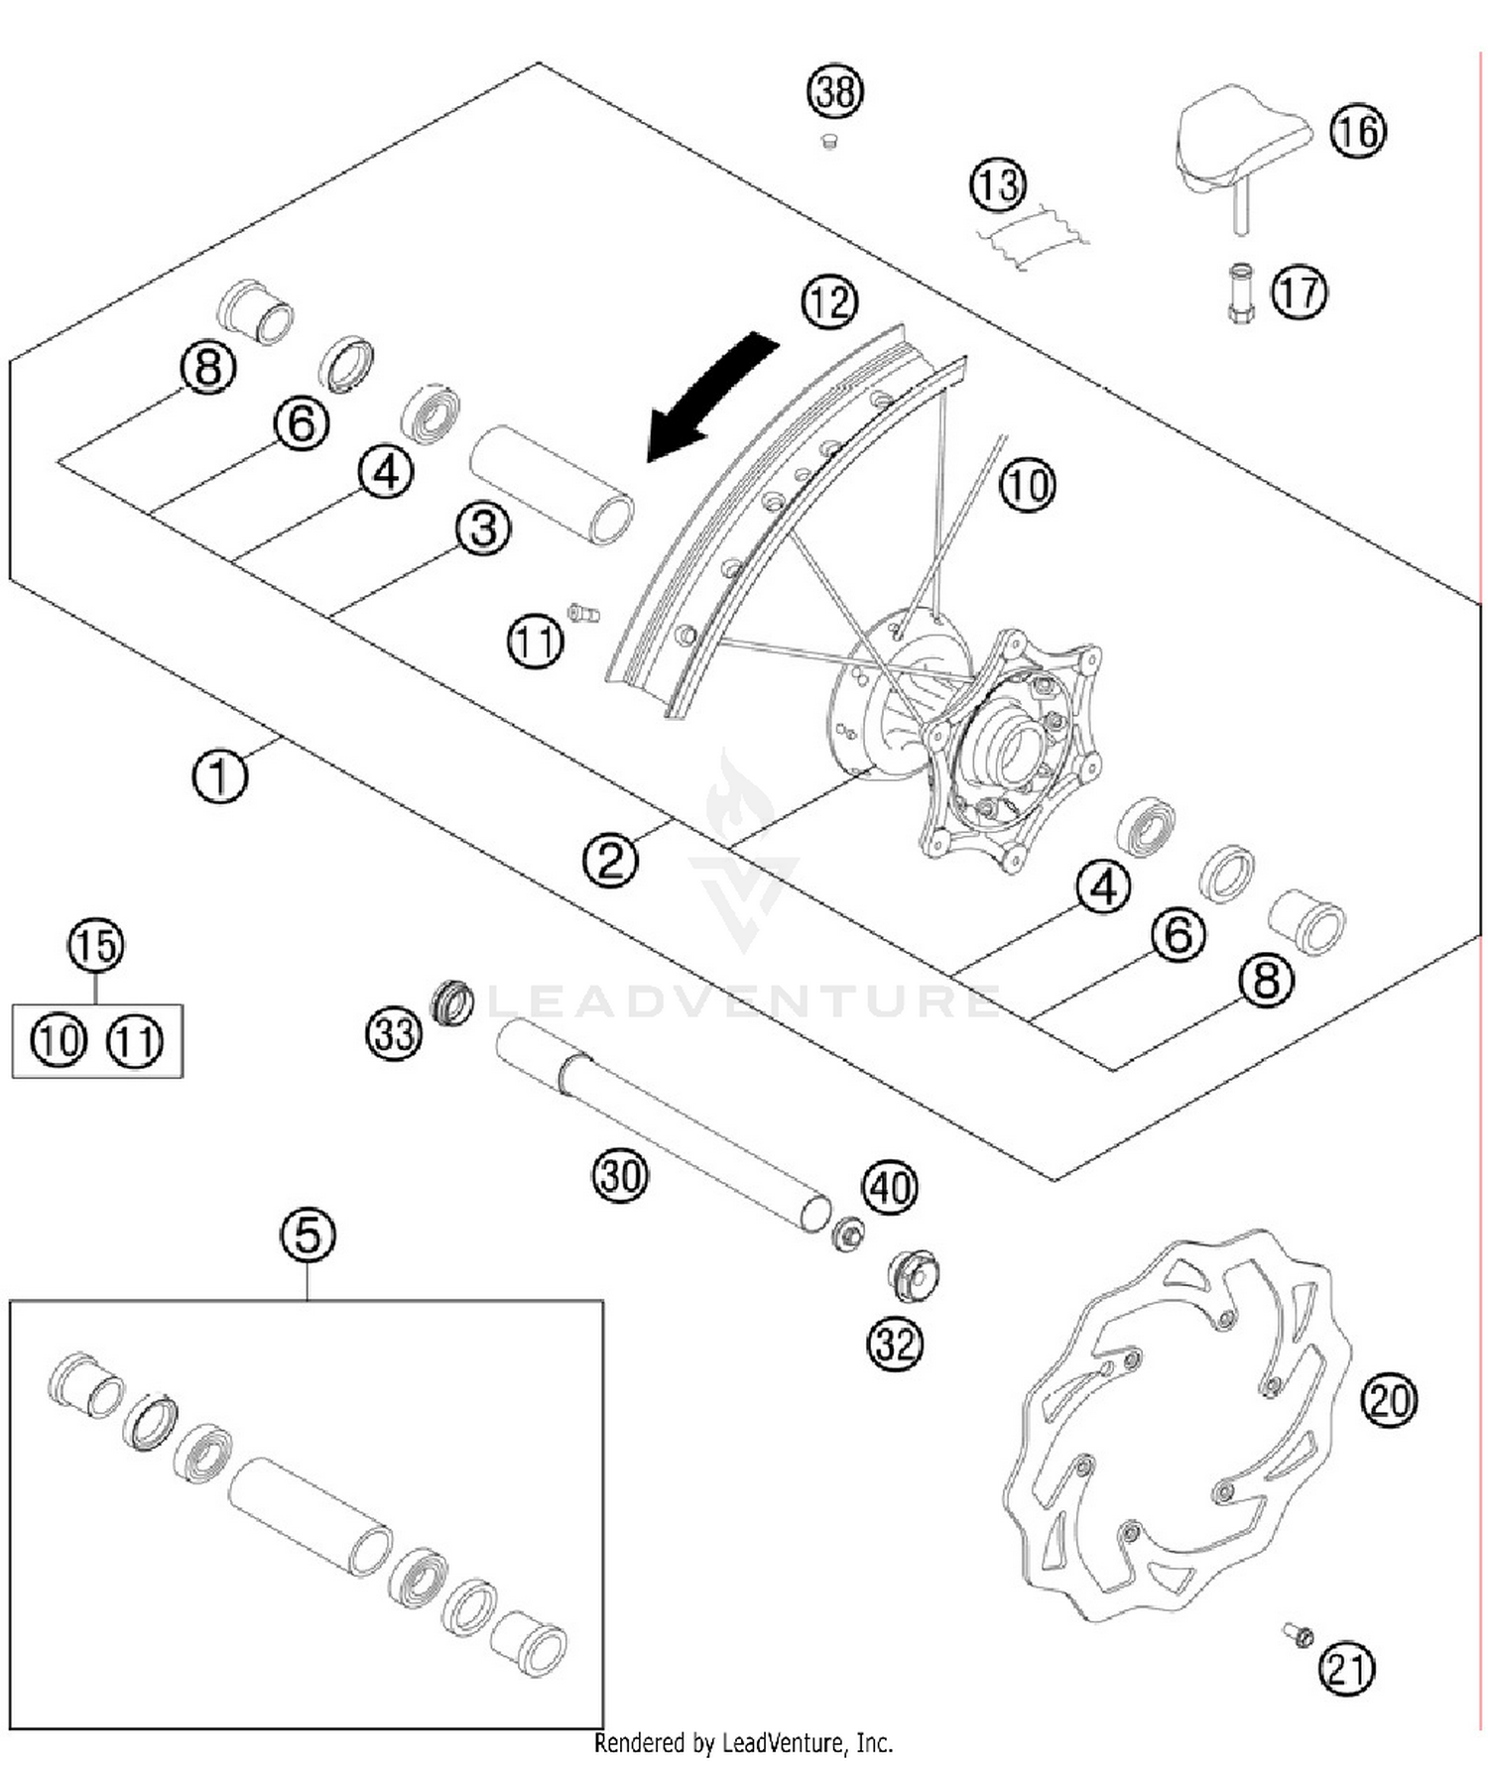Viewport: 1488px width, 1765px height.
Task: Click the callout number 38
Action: click(834, 91)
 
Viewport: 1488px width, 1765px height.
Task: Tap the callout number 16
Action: click(1357, 131)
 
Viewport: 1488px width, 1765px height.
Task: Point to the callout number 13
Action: click(997, 184)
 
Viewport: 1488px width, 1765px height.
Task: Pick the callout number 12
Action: click(829, 301)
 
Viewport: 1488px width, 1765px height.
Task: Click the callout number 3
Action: click(483, 529)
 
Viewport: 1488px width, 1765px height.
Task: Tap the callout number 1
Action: click(219, 776)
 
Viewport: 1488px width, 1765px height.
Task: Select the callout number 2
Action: click(610, 859)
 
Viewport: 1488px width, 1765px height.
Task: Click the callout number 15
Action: click(96, 945)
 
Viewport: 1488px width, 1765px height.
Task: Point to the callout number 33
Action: click(394, 1034)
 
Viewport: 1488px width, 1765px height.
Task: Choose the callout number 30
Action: click(620, 1176)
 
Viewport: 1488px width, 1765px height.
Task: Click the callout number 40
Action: click(890, 1187)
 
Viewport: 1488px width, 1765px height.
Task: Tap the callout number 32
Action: click(895, 1344)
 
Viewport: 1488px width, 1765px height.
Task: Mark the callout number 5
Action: click(308, 1235)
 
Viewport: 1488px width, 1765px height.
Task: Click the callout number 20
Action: click(1389, 1400)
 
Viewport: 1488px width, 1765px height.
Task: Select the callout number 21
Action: click(1346, 1668)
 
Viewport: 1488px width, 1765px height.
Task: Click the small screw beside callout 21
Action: click(1297, 1633)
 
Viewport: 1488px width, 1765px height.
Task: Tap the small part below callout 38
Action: click(829, 143)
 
